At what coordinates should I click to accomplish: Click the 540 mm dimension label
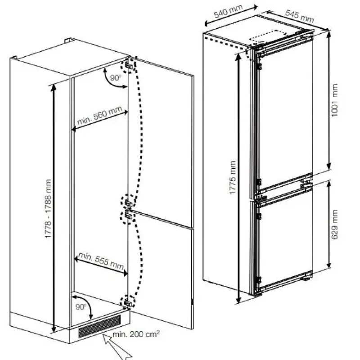pos(228,11)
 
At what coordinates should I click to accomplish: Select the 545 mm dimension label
pos(299,16)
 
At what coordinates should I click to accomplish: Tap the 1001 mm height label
pos(334,100)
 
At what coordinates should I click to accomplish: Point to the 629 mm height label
pos(334,224)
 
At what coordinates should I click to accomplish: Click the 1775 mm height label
pos(233,177)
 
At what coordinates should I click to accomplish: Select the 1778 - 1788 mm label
pos(48,208)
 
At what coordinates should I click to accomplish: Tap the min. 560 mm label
pos(99,116)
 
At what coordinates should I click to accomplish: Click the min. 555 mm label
pos(101,261)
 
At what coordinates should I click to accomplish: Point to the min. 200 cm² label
pos(136,334)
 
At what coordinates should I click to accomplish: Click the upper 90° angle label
pos(115,77)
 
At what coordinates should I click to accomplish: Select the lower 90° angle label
pos(81,306)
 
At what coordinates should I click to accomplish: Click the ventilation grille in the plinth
pos(99,326)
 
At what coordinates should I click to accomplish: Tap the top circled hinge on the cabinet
pos(129,65)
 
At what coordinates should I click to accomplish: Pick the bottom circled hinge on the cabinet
pos(128,302)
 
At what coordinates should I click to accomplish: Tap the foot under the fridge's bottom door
pos(307,279)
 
